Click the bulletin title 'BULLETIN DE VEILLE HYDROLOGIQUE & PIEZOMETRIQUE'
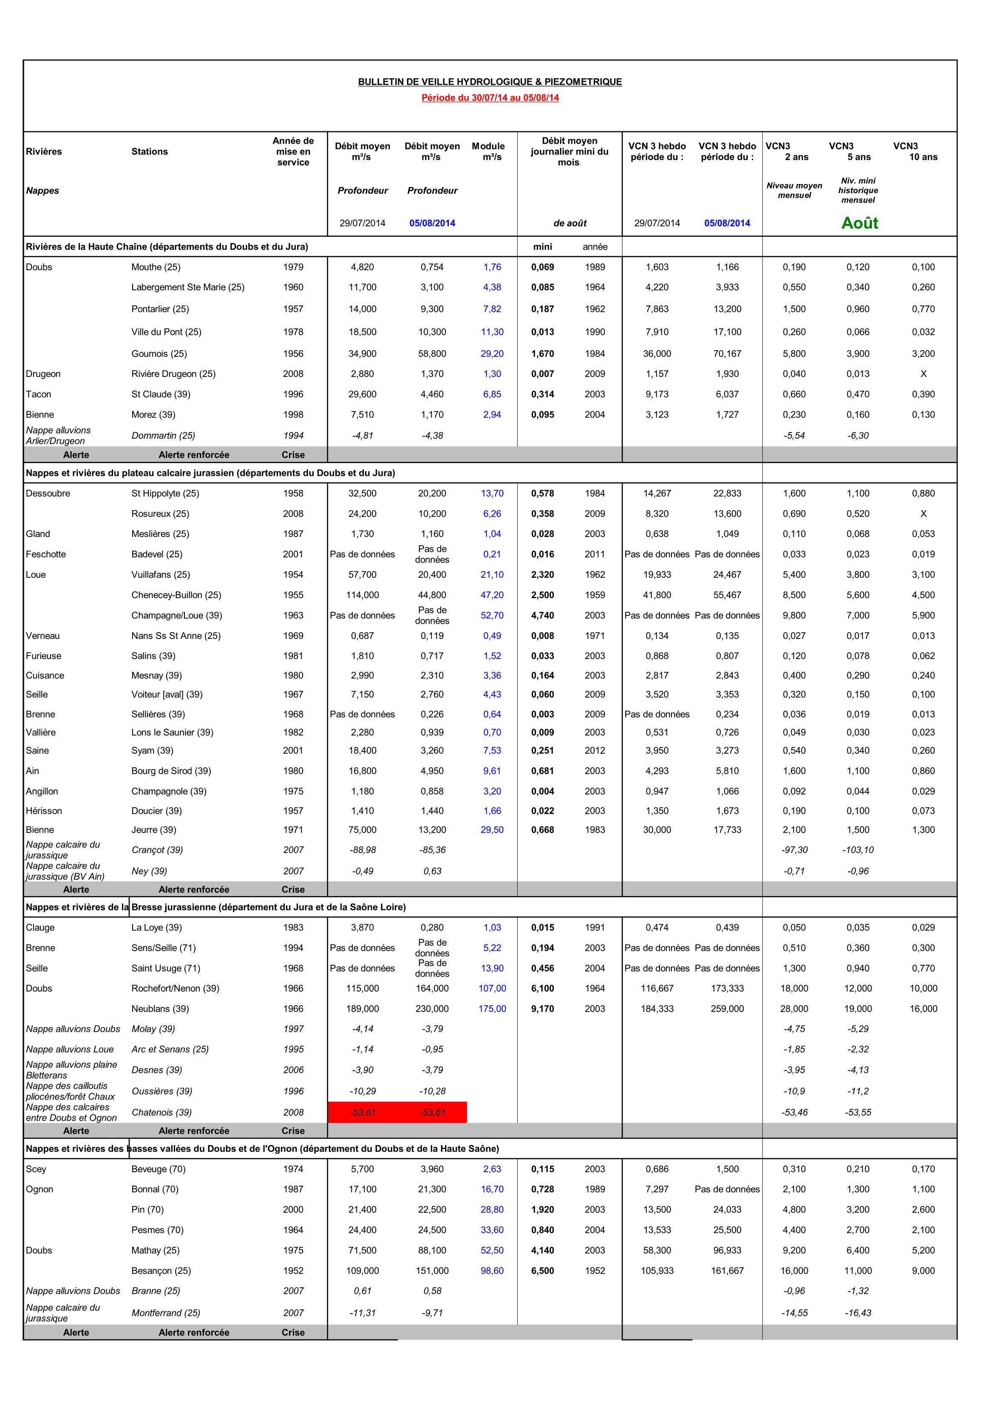490,82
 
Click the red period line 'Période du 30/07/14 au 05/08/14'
490,98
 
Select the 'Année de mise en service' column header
293,152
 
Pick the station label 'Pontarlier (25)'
160,309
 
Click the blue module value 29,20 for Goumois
492,354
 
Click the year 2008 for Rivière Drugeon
293,374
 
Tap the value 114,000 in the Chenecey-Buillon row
362,595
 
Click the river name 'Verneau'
43,636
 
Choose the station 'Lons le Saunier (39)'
172,732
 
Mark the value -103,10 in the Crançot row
858,850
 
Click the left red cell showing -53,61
362,1113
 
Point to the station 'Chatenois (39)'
161,1113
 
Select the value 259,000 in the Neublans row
727,1009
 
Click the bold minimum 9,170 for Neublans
542,1009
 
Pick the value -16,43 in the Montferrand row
858,1313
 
